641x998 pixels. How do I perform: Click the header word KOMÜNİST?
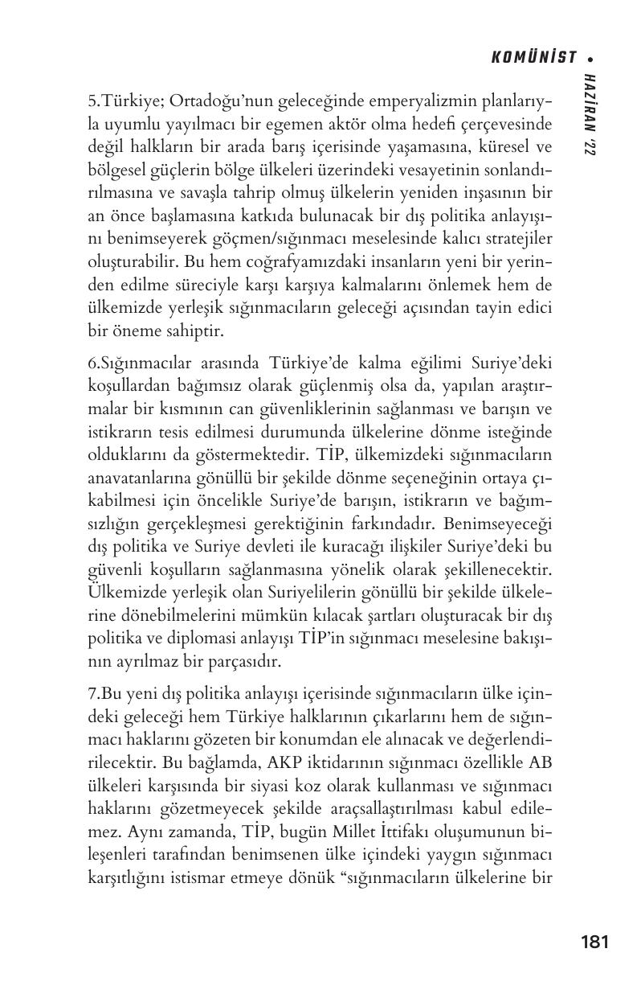[x=533, y=57]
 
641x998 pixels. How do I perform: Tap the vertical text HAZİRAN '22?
[x=591, y=113]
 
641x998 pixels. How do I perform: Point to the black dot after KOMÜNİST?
[x=590, y=58]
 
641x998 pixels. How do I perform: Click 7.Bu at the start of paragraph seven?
[x=103, y=693]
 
